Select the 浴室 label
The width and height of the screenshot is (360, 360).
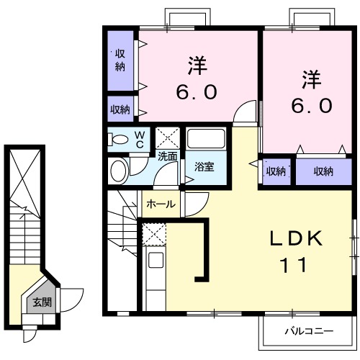tap(204, 167)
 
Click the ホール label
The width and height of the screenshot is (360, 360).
tap(160, 204)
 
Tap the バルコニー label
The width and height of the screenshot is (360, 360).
tap(307, 332)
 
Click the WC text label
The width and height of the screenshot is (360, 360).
tap(140, 138)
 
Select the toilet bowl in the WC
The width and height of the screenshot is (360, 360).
tap(120, 139)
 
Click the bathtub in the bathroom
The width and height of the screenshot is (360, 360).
tap(206, 140)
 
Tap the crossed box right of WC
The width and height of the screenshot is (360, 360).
tap(168, 136)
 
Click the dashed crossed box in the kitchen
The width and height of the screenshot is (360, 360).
tap(153, 233)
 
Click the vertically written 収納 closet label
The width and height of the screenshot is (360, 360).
tap(120, 61)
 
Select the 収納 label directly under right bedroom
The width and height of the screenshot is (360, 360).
tap(323, 171)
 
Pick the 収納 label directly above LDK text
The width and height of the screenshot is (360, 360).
tap(275, 171)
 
